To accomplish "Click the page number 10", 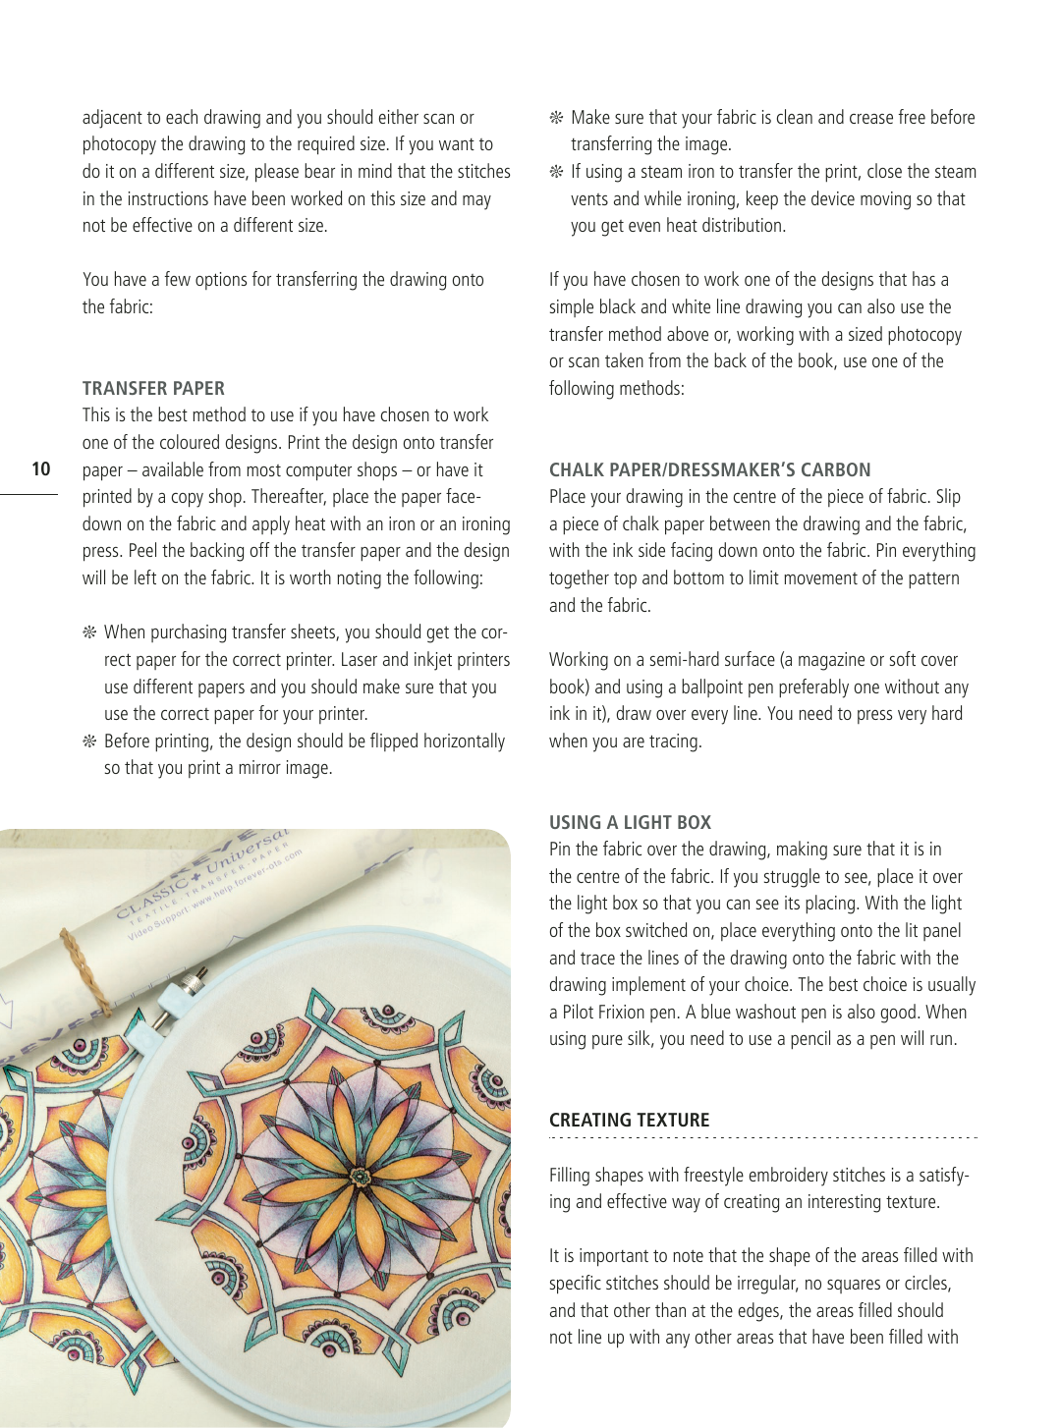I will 41,468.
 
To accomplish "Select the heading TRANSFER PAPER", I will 153,388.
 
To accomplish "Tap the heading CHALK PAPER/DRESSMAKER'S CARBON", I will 709,469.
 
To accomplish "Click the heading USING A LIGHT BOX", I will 630,823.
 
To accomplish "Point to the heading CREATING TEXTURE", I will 629,1121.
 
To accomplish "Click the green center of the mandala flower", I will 361,1176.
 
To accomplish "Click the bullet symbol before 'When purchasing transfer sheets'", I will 89,632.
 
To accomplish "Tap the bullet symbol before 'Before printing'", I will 89,741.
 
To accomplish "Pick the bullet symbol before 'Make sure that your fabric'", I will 556,118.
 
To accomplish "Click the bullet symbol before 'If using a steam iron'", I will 556,173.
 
